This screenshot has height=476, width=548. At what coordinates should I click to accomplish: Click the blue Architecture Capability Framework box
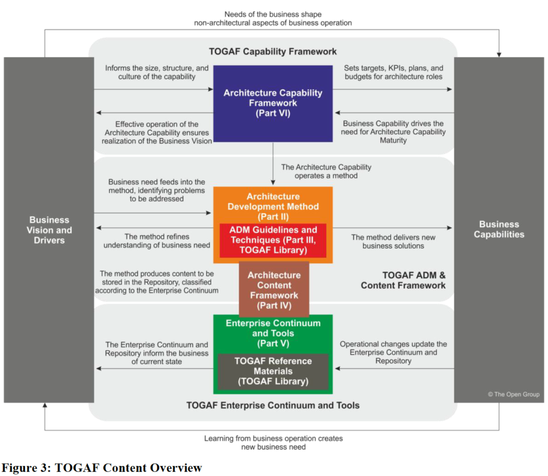pyautogui.click(x=273, y=103)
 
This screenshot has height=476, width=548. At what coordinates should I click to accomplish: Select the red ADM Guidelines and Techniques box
pyautogui.click(x=273, y=240)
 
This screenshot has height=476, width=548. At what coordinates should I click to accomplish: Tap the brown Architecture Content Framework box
pyautogui.click(x=273, y=290)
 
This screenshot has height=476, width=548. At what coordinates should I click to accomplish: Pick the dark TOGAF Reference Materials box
pyautogui.click(x=273, y=371)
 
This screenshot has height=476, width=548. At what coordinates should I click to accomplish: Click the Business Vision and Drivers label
pyautogui.click(x=49, y=230)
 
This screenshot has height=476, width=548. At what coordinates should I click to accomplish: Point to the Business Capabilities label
pyautogui.click(x=499, y=229)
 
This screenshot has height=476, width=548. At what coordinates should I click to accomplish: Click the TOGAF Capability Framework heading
pyautogui.click(x=273, y=51)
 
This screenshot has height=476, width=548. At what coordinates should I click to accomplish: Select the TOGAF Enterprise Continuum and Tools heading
pyautogui.click(x=273, y=405)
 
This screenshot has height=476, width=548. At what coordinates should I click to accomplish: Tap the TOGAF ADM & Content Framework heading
pyautogui.click(x=403, y=280)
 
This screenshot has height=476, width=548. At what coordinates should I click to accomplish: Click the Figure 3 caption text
pyautogui.click(x=101, y=468)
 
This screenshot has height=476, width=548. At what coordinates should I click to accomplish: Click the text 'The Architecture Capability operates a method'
pyautogui.click(x=326, y=171)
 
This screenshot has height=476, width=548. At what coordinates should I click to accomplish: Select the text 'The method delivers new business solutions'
pyautogui.click(x=393, y=241)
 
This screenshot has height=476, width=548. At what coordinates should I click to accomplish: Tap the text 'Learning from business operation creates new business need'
pyautogui.click(x=273, y=442)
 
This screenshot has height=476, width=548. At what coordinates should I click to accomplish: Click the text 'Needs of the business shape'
pyautogui.click(x=273, y=14)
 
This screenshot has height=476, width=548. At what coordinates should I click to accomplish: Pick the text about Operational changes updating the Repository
pyautogui.click(x=393, y=352)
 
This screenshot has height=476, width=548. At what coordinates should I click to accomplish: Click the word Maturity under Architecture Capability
pyautogui.click(x=394, y=140)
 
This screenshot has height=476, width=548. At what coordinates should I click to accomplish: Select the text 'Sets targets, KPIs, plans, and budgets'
pyautogui.click(x=394, y=72)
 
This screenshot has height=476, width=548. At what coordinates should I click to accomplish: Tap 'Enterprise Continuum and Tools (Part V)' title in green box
pyautogui.click(x=273, y=333)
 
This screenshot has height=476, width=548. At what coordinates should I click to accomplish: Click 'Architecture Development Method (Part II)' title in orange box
pyautogui.click(x=273, y=206)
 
